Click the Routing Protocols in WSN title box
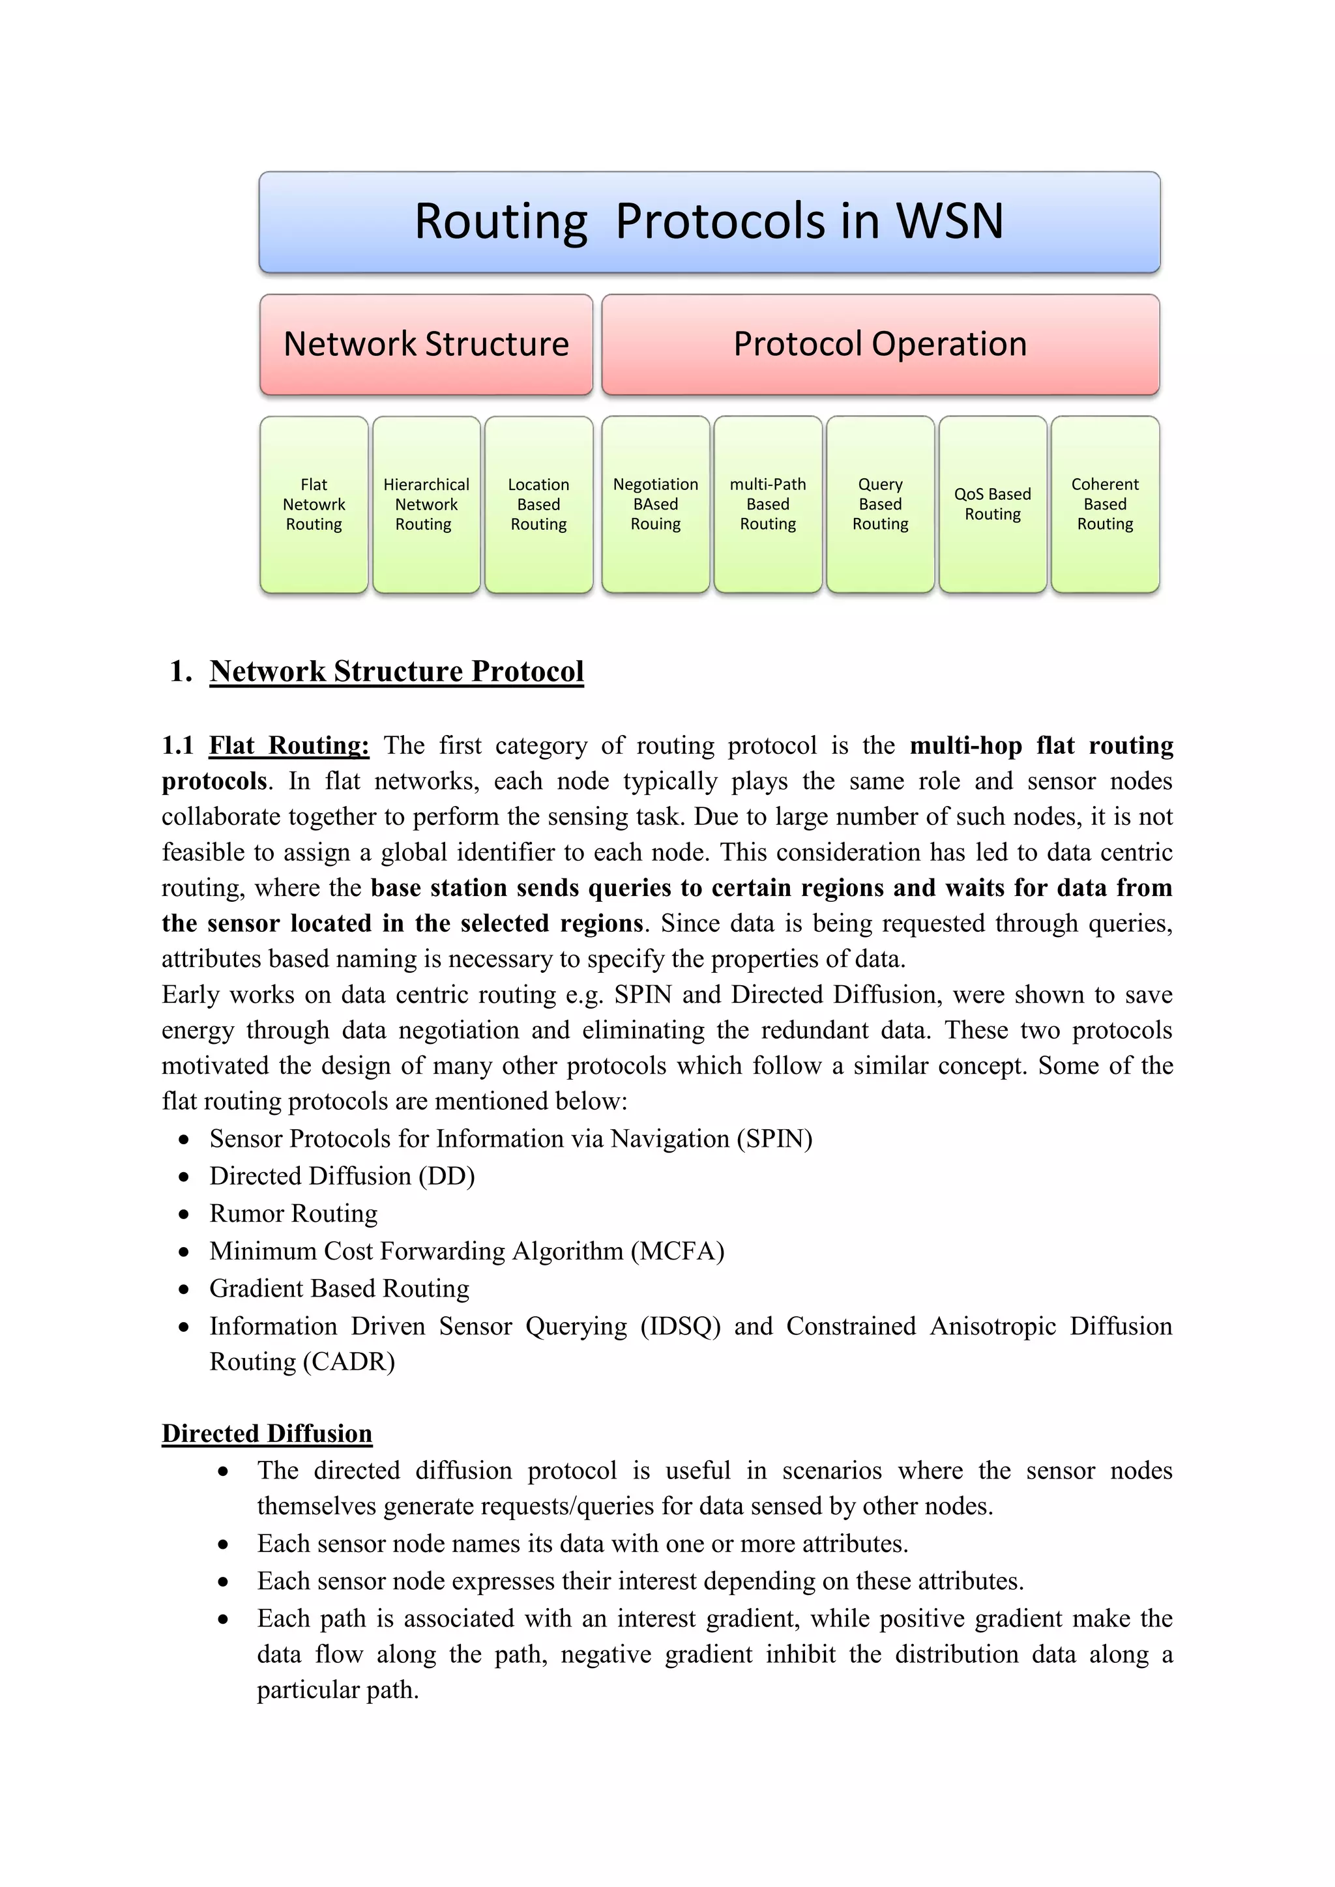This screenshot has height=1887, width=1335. point(709,222)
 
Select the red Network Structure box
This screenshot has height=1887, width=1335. point(426,344)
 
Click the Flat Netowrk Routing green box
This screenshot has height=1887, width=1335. point(314,504)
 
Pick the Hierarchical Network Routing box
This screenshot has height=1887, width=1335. point(426,504)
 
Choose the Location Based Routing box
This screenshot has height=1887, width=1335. point(538,504)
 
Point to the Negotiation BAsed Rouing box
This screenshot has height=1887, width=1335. point(655,504)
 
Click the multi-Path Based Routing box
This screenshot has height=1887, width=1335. point(768,504)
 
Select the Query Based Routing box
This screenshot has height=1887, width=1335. point(881,504)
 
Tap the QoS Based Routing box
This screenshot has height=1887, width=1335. point(992,504)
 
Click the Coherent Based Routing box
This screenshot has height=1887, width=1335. point(1105,504)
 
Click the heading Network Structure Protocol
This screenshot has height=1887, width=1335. point(396,672)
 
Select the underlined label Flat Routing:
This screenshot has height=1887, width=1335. point(289,745)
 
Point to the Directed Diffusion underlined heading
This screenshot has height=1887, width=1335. point(267,1433)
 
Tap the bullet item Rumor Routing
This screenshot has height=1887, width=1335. point(293,1214)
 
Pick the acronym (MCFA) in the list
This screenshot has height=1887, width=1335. point(677,1251)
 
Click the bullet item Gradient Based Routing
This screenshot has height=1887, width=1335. point(339,1289)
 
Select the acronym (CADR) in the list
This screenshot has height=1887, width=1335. point(349,1362)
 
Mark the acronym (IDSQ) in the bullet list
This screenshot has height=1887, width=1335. point(680,1327)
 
